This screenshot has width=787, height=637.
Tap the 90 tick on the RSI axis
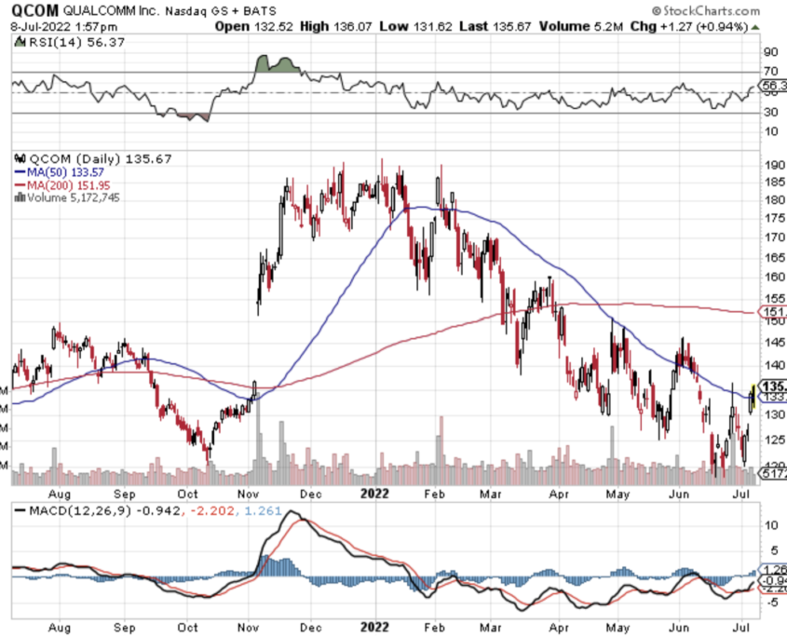click(770, 52)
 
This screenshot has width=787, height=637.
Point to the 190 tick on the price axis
click(771, 164)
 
